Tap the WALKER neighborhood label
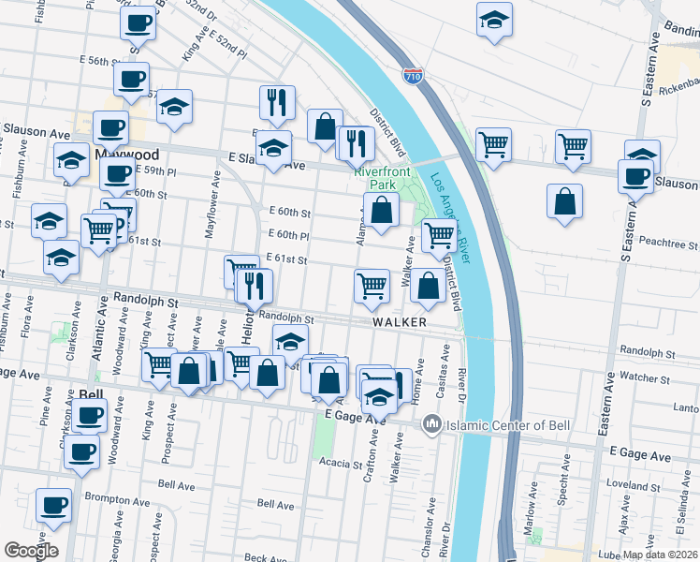400,322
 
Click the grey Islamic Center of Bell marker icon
432,425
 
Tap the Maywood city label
126,154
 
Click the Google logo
30,551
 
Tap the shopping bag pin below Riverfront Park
381,212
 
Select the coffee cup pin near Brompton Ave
53,506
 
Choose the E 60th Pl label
288,235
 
